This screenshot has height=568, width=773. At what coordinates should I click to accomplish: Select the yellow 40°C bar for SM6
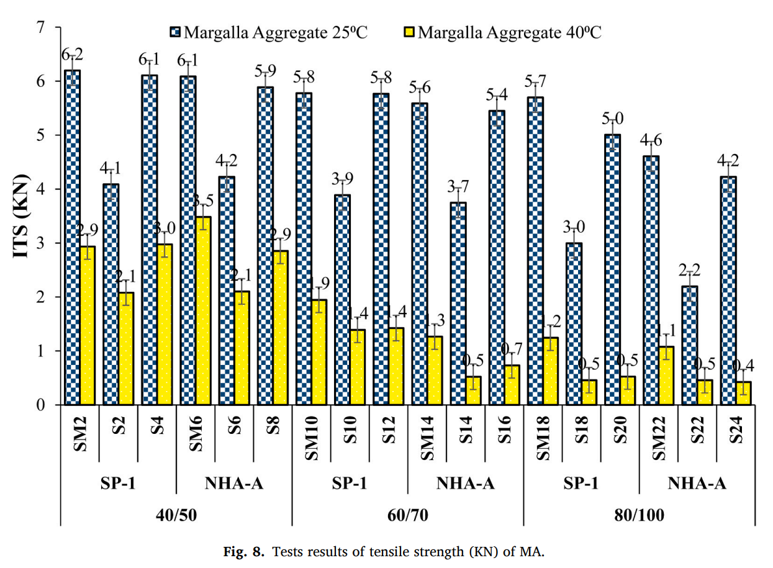(203, 310)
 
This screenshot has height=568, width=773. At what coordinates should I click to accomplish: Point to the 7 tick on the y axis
(41, 28)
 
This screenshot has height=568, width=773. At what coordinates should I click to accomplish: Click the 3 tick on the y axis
(41, 243)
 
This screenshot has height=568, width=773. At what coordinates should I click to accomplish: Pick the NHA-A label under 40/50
(234, 484)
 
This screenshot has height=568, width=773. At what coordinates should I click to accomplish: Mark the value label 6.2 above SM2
(73, 56)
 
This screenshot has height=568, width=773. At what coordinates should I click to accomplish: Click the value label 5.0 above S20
(613, 119)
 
